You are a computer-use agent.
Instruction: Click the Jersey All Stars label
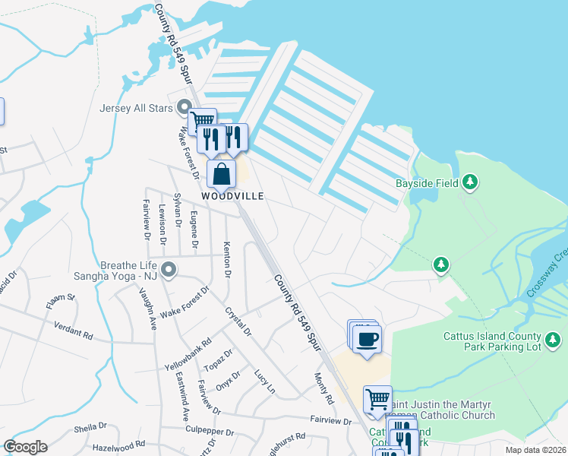pos(137,107)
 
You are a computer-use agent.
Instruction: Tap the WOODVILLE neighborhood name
pos(232,196)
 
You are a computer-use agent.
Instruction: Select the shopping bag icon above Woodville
pos(220,174)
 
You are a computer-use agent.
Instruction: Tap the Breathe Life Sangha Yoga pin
pos(169,269)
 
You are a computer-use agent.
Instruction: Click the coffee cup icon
pos(367,338)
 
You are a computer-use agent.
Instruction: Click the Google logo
pos(25,447)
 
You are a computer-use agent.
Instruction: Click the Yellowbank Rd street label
pos(187,354)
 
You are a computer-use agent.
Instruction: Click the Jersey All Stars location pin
pos(183,107)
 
